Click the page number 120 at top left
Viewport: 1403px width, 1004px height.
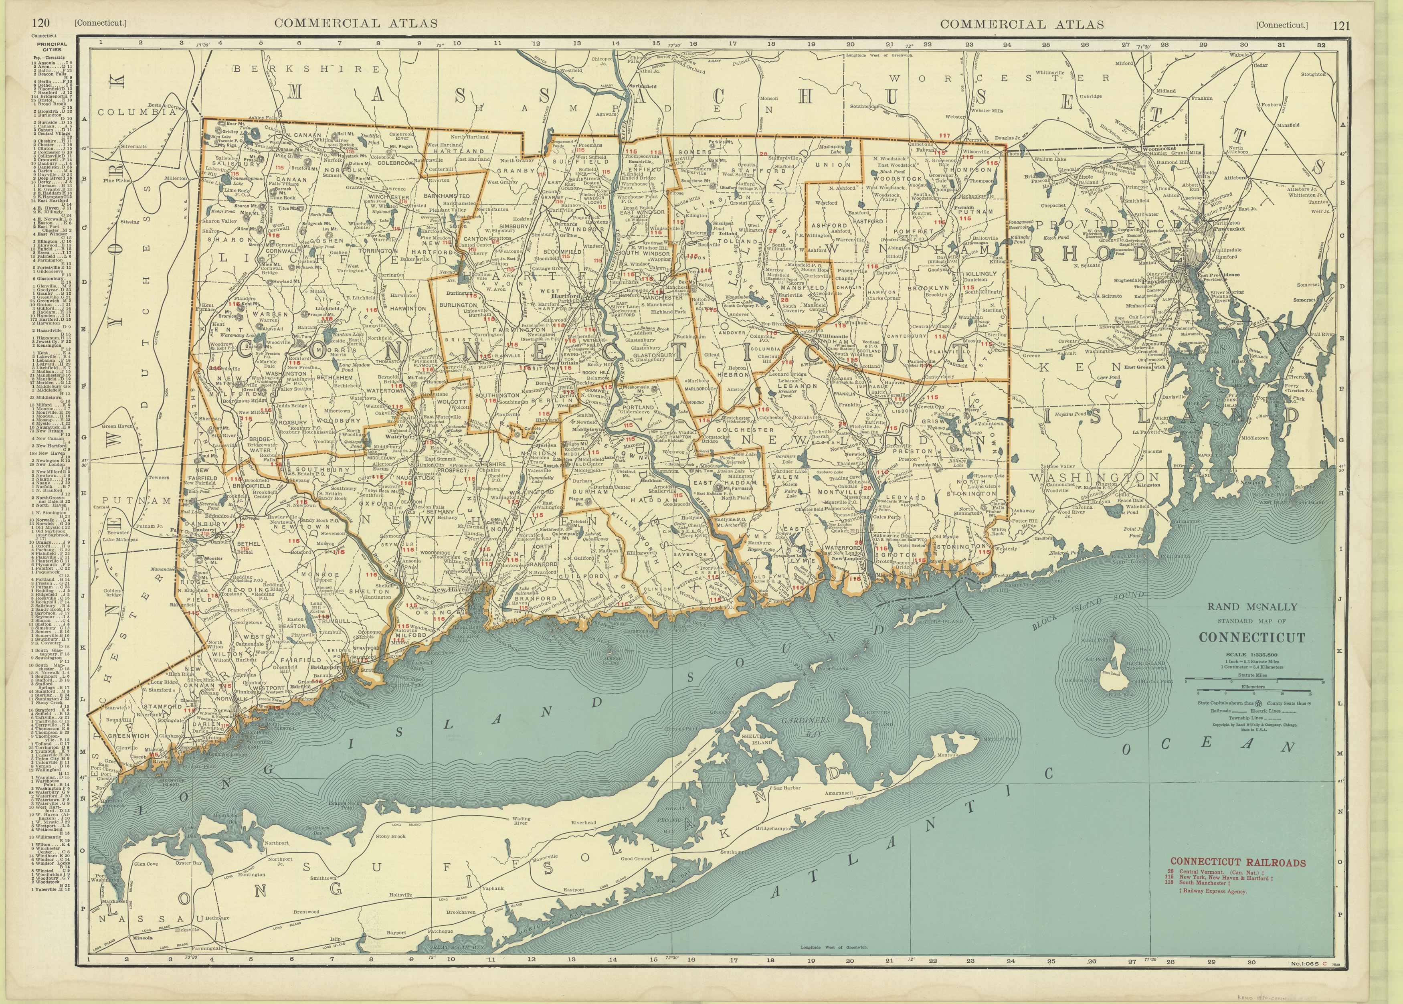(41, 24)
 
